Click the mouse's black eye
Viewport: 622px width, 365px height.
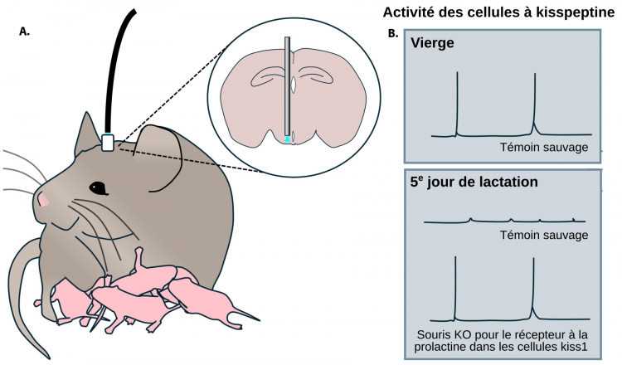[99, 188]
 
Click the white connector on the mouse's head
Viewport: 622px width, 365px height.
[108, 143]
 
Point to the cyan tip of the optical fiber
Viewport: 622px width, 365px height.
[287, 139]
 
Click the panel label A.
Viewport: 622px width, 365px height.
[24, 32]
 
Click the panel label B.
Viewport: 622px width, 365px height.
[393, 34]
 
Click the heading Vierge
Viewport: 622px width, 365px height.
[432, 43]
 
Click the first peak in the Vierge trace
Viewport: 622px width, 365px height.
[457, 72]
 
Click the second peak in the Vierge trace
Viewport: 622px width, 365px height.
[535, 73]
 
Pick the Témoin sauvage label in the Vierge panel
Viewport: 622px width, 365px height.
[544, 147]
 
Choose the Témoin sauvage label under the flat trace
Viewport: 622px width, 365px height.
[544, 235]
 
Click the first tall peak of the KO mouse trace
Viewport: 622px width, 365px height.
[455, 257]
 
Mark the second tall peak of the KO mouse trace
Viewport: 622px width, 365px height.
[533, 258]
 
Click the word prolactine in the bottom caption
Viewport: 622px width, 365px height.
[440, 347]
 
